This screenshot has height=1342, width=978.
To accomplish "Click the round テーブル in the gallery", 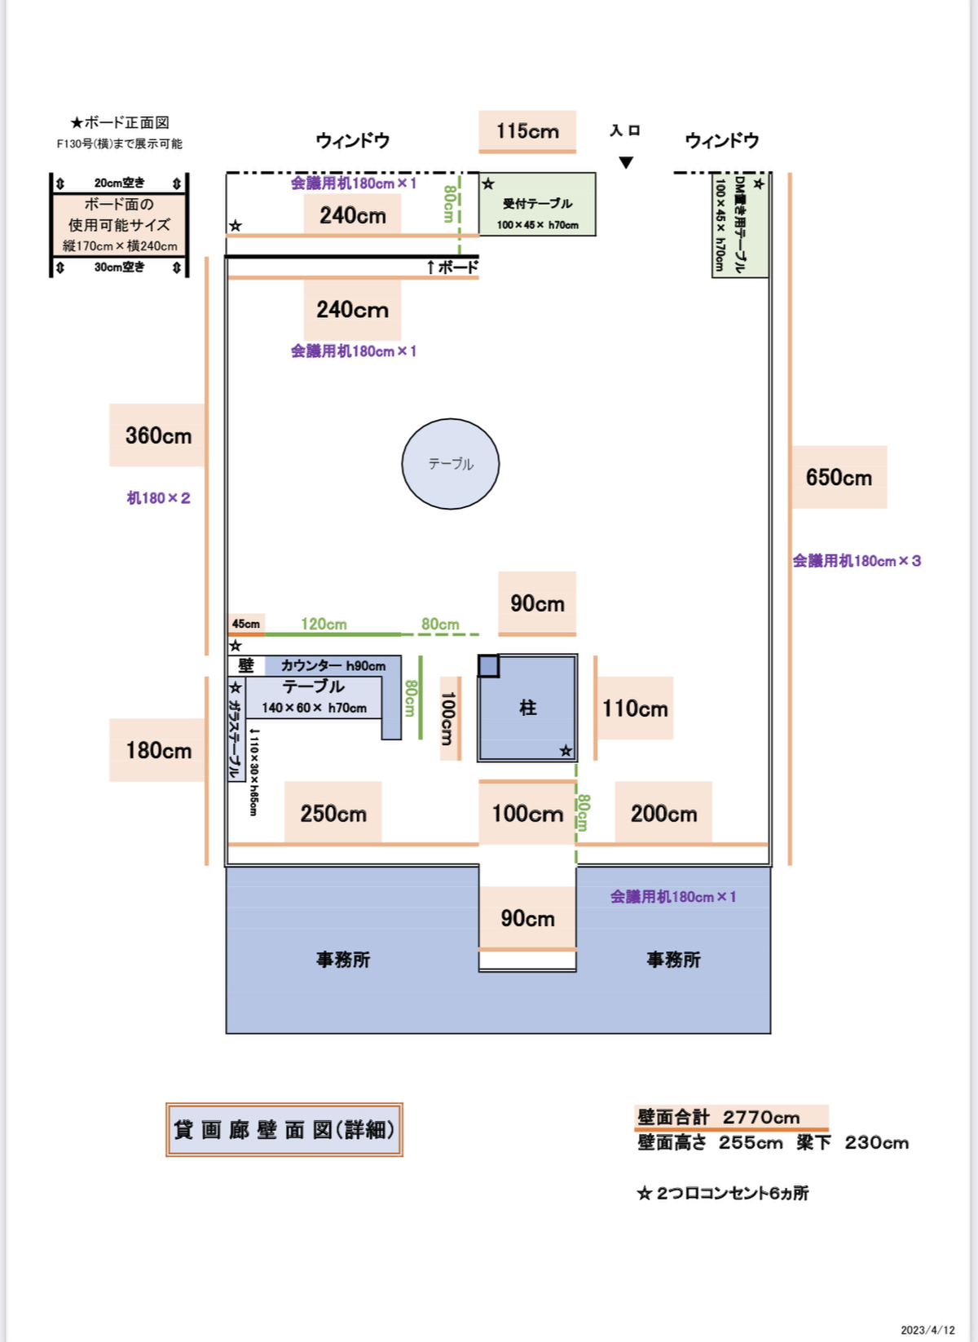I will click(x=450, y=464).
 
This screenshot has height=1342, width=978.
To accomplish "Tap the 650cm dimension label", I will click(x=839, y=477).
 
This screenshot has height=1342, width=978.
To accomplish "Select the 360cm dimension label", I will click(x=158, y=435).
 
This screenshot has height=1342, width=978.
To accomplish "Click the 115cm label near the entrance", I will click(x=527, y=131).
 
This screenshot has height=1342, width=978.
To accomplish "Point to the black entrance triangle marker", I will click(x=626, y=162).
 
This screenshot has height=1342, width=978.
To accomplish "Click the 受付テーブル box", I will click(x=537, y=205).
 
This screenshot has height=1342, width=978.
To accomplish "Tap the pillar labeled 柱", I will click(x=528, y=708).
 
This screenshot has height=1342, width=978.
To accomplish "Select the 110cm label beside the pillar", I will click(x=635, y=709).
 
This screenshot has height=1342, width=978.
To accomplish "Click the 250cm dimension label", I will click(x=333, y=813).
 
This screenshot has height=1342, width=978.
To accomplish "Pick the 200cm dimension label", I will click(x=663, y=813).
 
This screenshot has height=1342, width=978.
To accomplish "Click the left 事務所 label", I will click(x=343, y=960).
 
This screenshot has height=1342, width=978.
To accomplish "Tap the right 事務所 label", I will click(x=673, y=960).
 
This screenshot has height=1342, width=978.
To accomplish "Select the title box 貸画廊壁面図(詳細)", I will click(x=284, y=1130).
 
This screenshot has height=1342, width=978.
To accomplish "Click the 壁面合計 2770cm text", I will click(x=719, y=1117).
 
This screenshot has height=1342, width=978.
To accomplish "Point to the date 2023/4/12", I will click(x=927, y=1330).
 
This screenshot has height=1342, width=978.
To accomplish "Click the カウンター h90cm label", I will click(x=333, y=665).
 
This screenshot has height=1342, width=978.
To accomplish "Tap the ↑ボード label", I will click(x=452, y=267).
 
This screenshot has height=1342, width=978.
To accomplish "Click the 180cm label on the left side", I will click(x=158, y=750).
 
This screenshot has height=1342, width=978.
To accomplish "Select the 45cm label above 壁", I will click(x=245, y=624).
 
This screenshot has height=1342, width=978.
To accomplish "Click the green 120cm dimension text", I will click(x=324, y=624).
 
